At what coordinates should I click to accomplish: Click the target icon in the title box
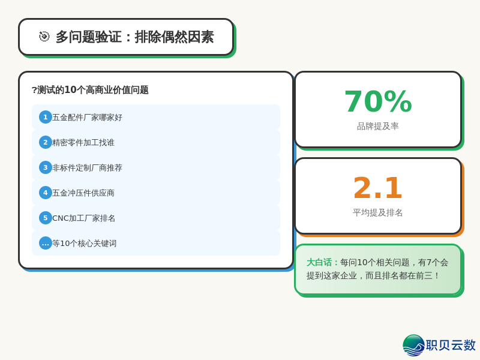[44, 37]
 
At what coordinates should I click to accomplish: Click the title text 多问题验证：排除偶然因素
[134, 37]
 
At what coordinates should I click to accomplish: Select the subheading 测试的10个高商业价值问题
[90, 90]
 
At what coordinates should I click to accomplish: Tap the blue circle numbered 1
[45, 117]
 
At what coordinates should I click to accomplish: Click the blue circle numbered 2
[45, 142]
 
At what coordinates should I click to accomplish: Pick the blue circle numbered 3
[45, 167]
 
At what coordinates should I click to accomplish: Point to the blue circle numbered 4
[45, 193]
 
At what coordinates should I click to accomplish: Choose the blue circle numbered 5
[45, 218]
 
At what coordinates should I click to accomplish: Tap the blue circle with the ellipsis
[45, 243]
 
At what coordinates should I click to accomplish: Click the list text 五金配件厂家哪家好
[87, 118]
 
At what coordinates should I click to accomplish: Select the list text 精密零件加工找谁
[83, 143]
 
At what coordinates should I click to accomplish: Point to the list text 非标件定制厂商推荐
[87, 168]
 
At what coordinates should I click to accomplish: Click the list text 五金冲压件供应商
[83, 193]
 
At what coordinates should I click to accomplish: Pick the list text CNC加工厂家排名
[84, 218]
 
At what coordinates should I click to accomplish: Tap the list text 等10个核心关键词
[85, 244]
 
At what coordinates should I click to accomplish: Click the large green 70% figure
[378, 101]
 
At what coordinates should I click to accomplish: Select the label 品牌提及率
[378, 126]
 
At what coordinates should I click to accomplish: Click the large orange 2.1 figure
[377, 188]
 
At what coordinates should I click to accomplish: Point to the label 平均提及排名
[378, 212]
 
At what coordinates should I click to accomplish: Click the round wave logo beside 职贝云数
[413, 345]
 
